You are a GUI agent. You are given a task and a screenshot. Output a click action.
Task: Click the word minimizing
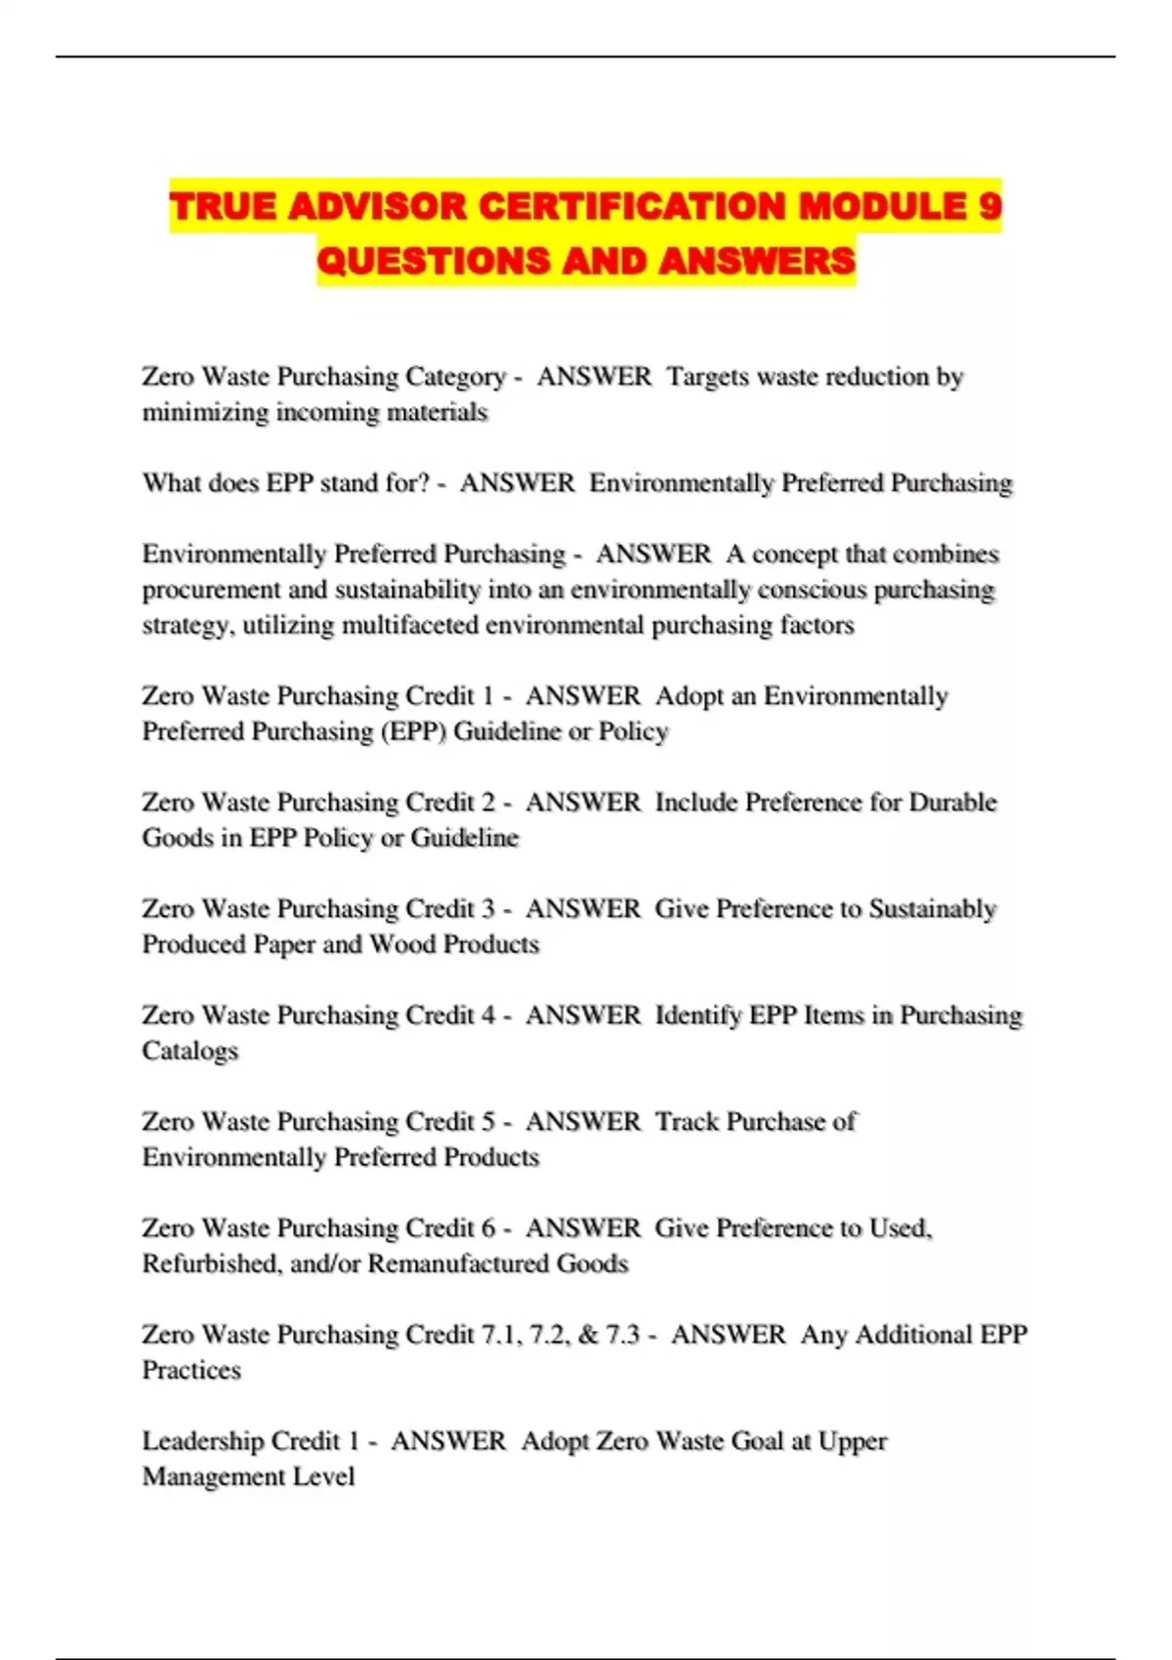(x=205, y=412)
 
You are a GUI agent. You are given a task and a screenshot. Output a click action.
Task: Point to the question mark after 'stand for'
(x=423, y=483)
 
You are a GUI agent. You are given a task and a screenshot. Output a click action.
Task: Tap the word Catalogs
(x=190, y=1051)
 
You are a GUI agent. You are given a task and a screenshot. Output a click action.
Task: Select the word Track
(x=687, y=1122)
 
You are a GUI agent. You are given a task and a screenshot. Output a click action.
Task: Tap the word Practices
(x=191, y=1370)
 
